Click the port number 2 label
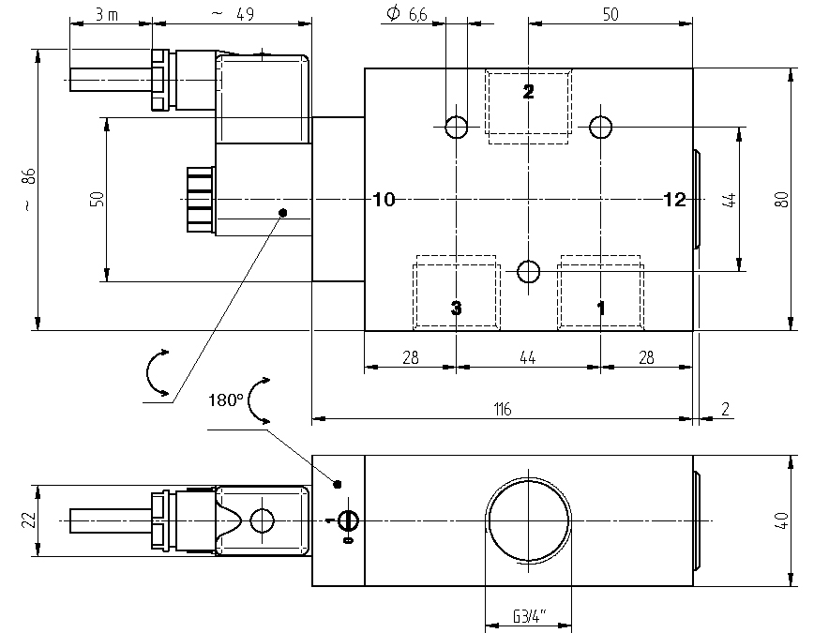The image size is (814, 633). point(528,91)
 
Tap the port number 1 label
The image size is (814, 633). point(601,307)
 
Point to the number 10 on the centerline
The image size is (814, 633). point(384,199)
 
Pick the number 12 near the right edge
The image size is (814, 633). point(674,199)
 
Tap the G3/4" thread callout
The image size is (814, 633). point(530,617)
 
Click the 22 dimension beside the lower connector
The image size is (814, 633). point(27,520)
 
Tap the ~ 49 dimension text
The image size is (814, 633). point(233,13)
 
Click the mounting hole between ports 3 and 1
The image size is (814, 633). point(529,272)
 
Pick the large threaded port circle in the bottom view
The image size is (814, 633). point(527,520)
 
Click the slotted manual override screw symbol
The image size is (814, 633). point(348,520)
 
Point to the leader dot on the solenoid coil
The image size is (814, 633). point(283,214)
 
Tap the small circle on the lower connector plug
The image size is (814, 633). point(263,520)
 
